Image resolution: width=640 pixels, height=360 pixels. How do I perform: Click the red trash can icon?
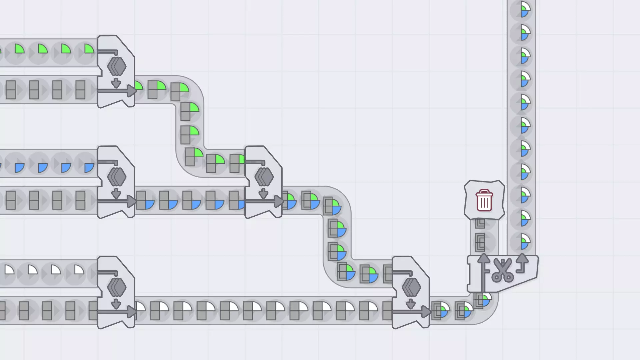484,200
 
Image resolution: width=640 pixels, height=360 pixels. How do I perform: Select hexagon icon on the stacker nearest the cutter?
411,287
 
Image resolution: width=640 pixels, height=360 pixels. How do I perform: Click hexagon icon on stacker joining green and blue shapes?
264,177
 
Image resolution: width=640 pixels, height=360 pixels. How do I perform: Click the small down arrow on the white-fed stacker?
116,304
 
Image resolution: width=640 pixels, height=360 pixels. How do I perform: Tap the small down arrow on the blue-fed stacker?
116,193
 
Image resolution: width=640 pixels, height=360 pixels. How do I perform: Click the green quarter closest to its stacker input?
89,49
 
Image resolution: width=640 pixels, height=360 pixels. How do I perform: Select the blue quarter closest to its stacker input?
89,167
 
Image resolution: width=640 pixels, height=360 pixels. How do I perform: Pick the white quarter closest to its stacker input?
79,269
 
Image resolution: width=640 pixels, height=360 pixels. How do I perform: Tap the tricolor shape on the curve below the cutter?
483,300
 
